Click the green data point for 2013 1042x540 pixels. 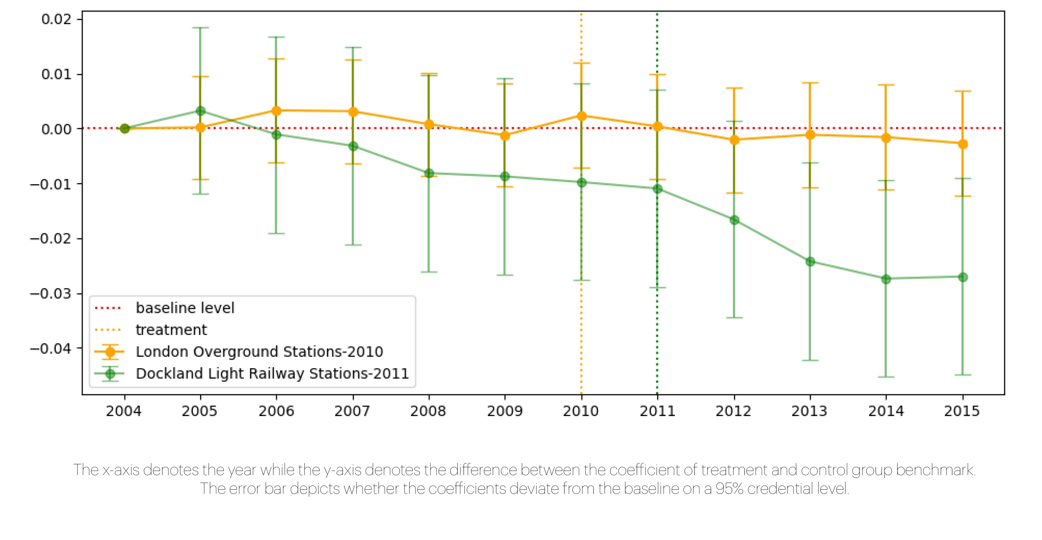(x=810, y=261)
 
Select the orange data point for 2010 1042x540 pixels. (x=581, y=116)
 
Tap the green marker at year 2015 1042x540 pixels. (x=963, y=277)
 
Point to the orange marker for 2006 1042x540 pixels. (x=276, y=111)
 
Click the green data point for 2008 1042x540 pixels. (x=429, y=173)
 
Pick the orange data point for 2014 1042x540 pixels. (x=886, y=138)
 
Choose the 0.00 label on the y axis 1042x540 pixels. (x=56, y=129)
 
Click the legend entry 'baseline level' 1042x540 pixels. (x=185, y=308)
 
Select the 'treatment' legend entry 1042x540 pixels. (x=171, y=330)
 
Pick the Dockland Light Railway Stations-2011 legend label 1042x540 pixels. (x=272, y=374)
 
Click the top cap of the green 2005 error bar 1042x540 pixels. (x=200, y=28)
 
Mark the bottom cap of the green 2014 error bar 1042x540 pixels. (x=886, y=377)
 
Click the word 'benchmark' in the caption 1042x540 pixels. (x=936, y=470)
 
